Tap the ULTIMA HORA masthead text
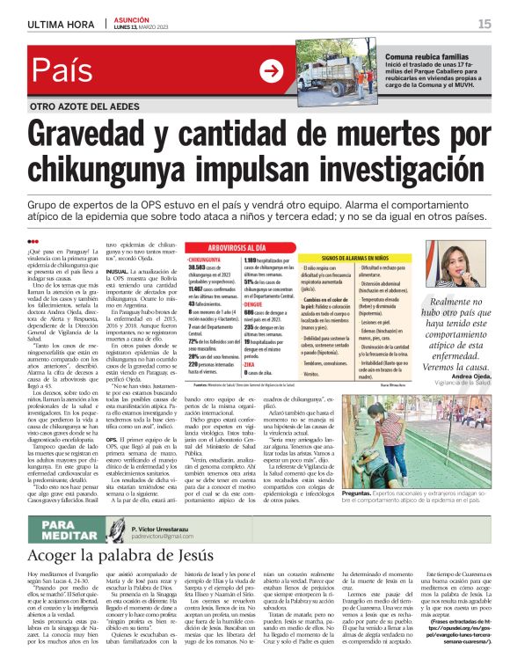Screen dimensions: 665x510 pyautogui.click(x=59, y=24)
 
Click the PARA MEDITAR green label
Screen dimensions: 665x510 pyautogui.click(x=57, y=529)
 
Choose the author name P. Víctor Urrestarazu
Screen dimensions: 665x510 pyautogui.click(x=154, y=523)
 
